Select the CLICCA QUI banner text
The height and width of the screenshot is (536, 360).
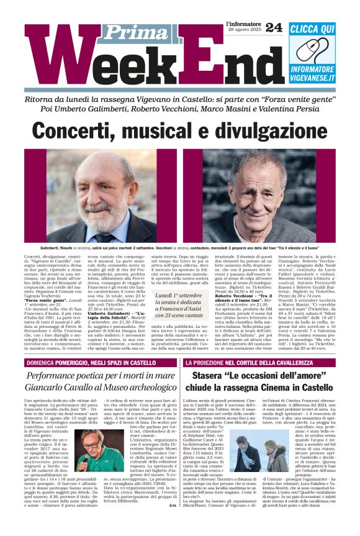[312, 29]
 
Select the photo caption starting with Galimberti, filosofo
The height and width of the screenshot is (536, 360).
[180, 248]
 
